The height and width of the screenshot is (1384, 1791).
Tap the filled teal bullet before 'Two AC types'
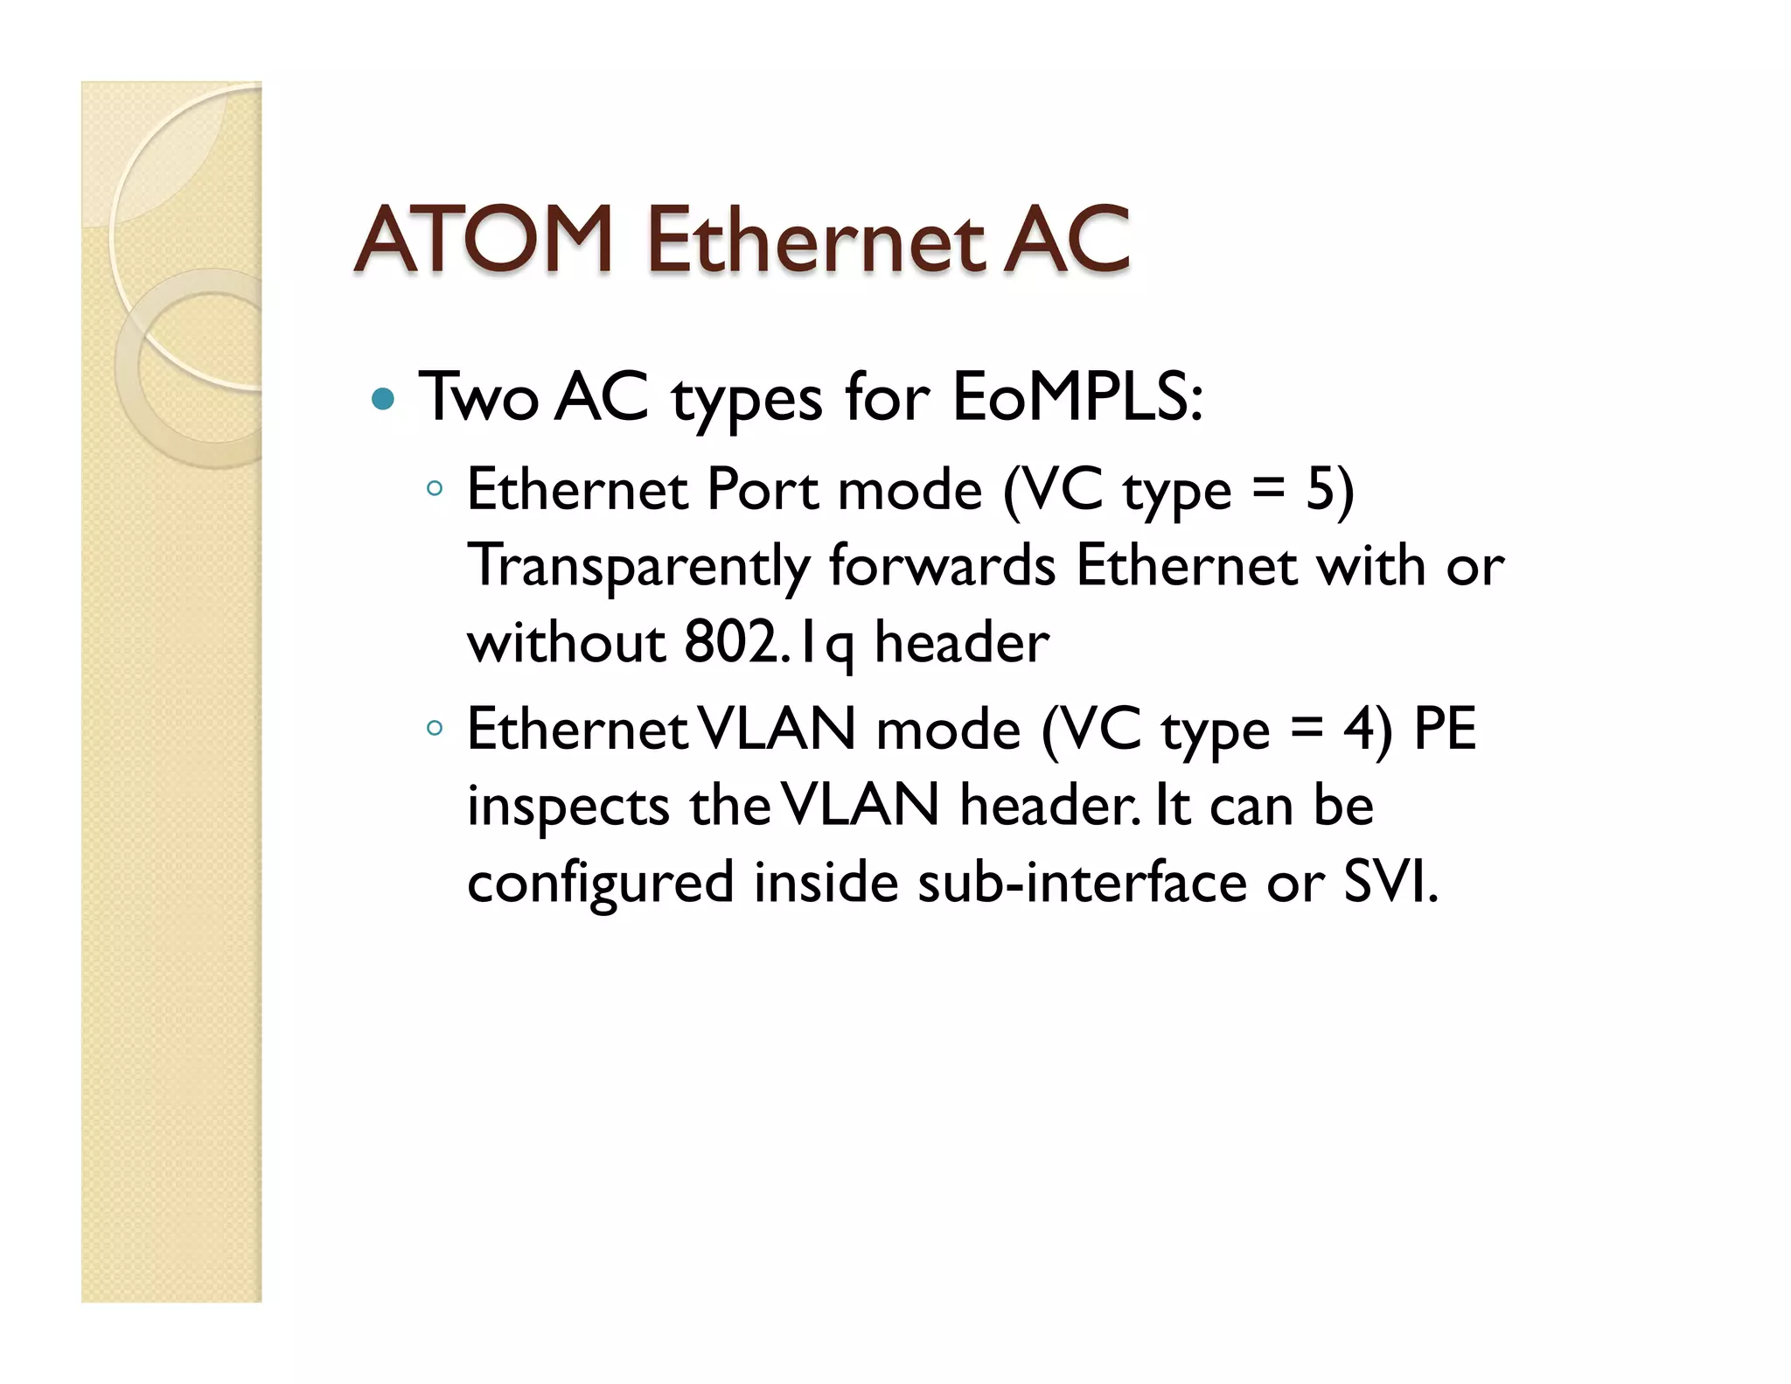click(383, 400)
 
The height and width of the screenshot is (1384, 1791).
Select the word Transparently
click(638, 566)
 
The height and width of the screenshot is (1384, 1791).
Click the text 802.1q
click(769, 643)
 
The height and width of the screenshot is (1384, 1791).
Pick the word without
click(567, 643)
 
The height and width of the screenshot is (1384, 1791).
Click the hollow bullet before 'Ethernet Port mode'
click(435, 488)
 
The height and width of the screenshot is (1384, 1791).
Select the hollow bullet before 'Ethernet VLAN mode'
click(435, 728)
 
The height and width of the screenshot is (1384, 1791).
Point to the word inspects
click(568, 807)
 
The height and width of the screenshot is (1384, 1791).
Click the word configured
click(600, 882)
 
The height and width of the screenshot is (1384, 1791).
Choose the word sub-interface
click(1082, 882)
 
